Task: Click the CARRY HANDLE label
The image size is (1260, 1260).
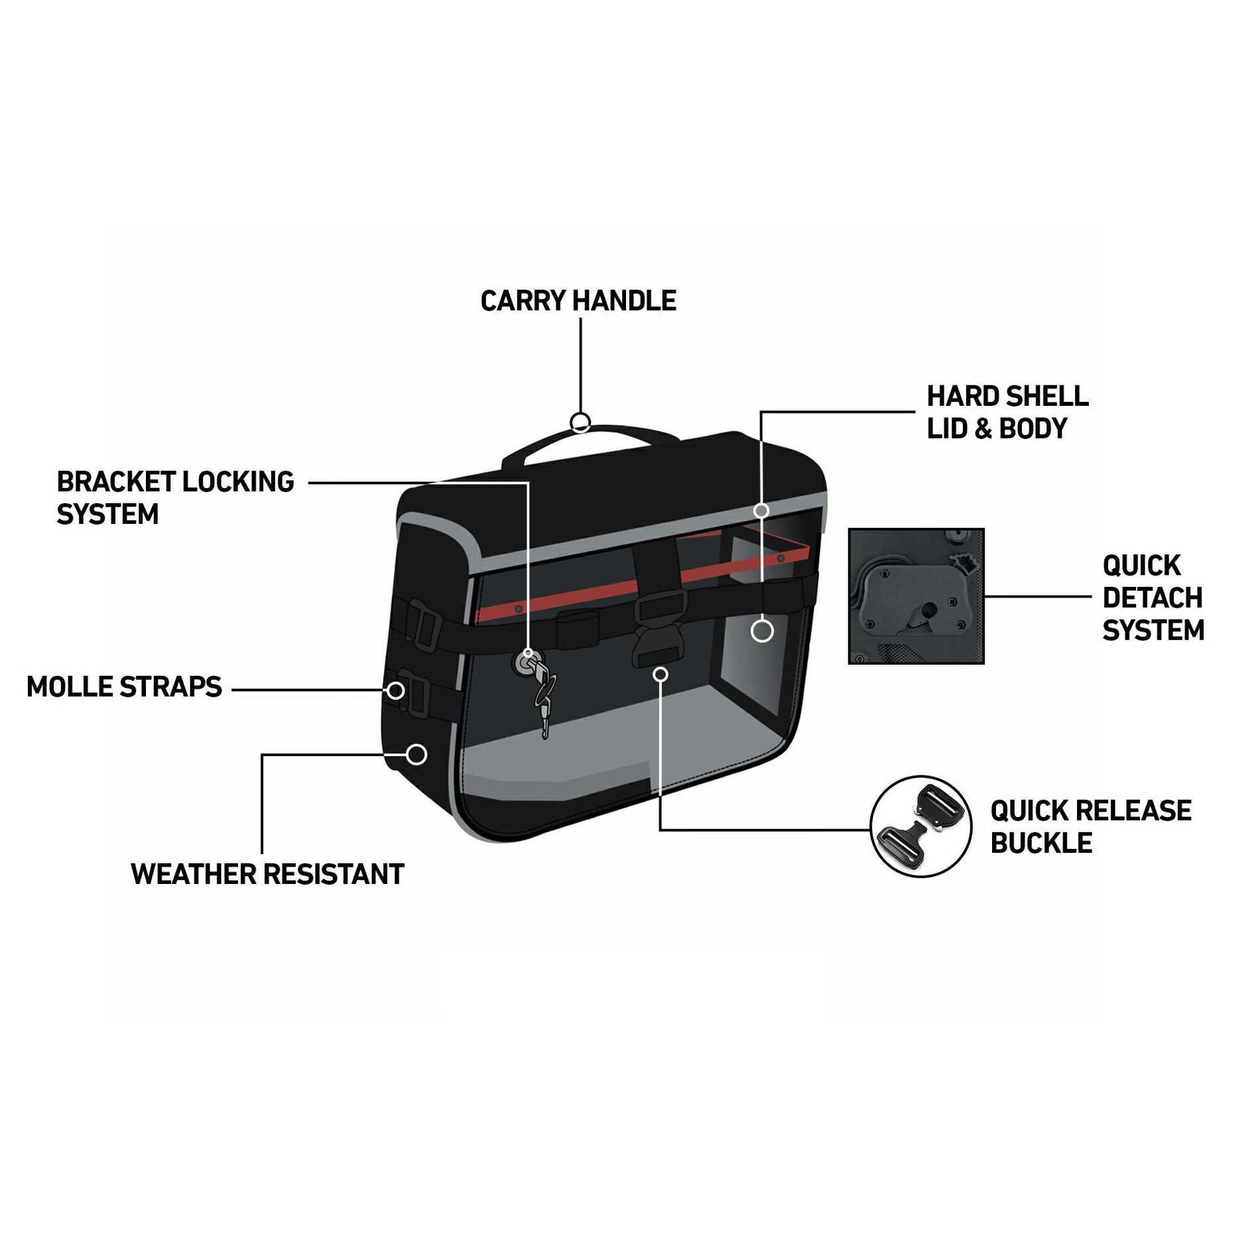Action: point(578,301)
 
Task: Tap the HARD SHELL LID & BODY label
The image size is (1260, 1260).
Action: point(1007,412)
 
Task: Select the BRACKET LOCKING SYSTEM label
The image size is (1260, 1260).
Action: point(175,497)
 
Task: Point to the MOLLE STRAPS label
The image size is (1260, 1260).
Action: point(124,687)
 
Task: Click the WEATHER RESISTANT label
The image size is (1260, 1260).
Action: point(267,874)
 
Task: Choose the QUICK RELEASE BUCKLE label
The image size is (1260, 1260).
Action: point(1090,826)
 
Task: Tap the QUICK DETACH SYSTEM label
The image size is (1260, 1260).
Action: point(1153,598)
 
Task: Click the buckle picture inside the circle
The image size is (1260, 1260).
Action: point(920,826)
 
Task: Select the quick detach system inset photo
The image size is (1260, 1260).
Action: point(916,596)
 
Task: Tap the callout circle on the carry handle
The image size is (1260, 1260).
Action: point(580,422)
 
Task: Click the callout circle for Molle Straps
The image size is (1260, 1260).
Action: point(396,690)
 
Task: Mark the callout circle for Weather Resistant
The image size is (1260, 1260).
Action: point(416,754)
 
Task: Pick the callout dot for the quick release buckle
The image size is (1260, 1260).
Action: point(660,674)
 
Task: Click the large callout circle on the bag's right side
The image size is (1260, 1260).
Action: point(762,631)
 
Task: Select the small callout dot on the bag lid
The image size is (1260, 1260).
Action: point(761,511)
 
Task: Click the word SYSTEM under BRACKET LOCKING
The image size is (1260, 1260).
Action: point(107,515)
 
